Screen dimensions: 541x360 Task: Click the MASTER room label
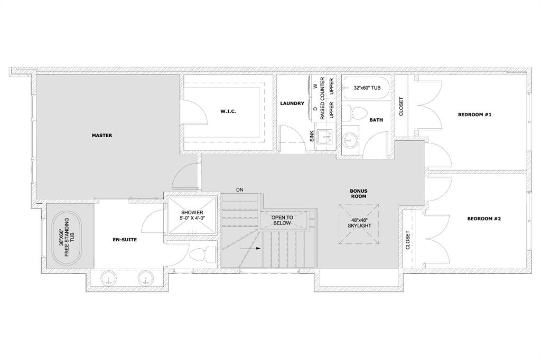point(102,136)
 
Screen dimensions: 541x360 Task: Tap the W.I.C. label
point(228,111)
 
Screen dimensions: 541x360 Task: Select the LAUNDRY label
point(292,103)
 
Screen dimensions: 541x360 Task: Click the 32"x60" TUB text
point(367,88)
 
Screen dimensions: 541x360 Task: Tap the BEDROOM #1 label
point(474,115)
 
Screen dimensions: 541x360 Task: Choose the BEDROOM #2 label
point(484,219)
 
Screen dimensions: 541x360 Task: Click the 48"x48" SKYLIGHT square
point(359,224)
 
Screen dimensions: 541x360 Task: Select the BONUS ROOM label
point(359,193)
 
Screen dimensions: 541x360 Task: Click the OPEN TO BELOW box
point(283,220)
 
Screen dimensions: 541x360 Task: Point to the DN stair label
point(240,190)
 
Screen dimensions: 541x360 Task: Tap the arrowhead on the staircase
point(258,248)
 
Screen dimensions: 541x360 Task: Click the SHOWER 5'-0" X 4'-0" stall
point(192,215)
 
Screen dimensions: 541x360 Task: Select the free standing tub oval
point(67,237)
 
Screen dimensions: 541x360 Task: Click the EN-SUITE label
point(125,240)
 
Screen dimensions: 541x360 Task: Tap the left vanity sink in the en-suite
point(109,278)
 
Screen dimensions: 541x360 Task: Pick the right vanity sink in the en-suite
point(145,278)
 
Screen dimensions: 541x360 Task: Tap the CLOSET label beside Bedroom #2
point(407,240)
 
